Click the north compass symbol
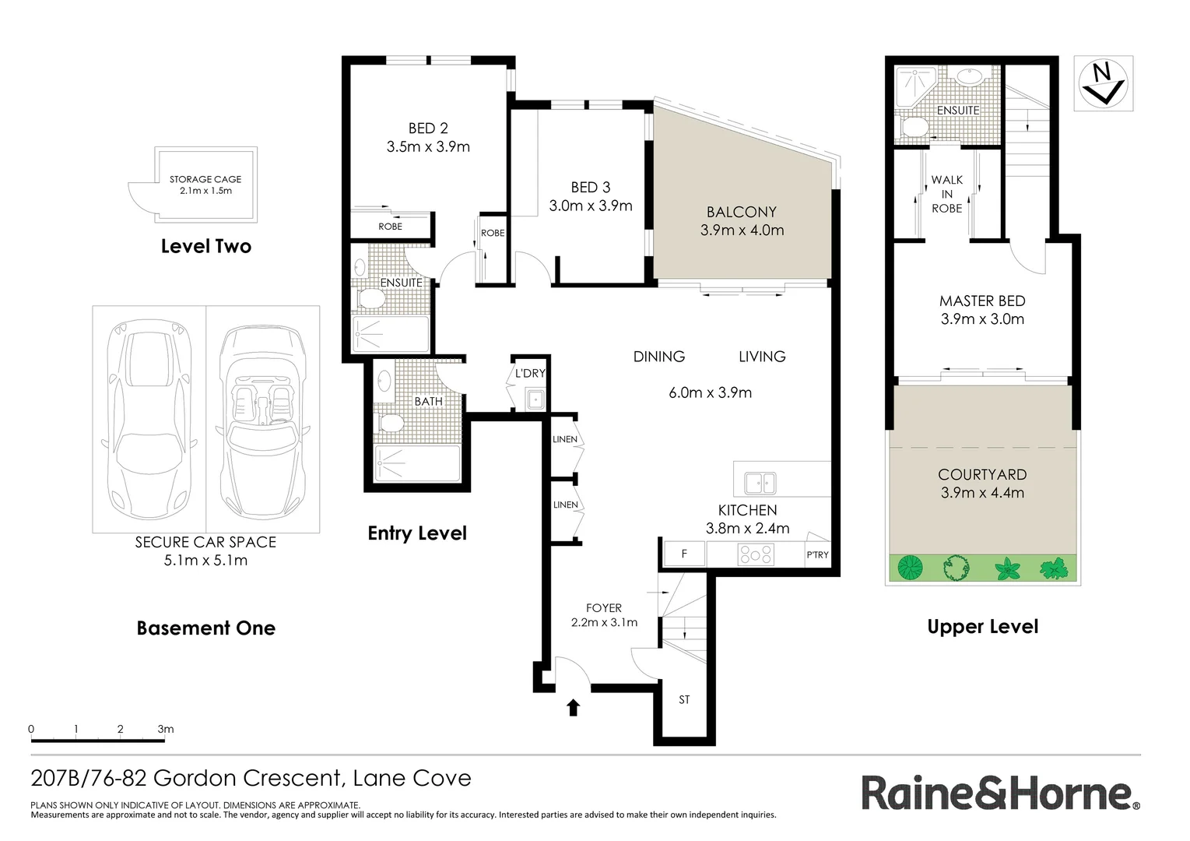(1103, 83)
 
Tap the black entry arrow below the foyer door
(573, 707)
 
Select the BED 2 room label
(428, 128)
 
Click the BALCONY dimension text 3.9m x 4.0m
(742, 230)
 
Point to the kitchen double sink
(760, 483)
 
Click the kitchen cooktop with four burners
(756, 554)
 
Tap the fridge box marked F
(684, 554)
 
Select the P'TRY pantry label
(817, 555)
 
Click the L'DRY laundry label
(530, 374)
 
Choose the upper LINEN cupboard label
(565, 439)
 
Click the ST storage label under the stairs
(684, 700)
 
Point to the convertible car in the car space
(263, 419)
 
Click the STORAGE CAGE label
(205, 179)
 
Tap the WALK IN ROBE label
(946, 194)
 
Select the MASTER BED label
(981, 301)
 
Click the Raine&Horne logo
(1000, 793)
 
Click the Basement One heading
(205, 628)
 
